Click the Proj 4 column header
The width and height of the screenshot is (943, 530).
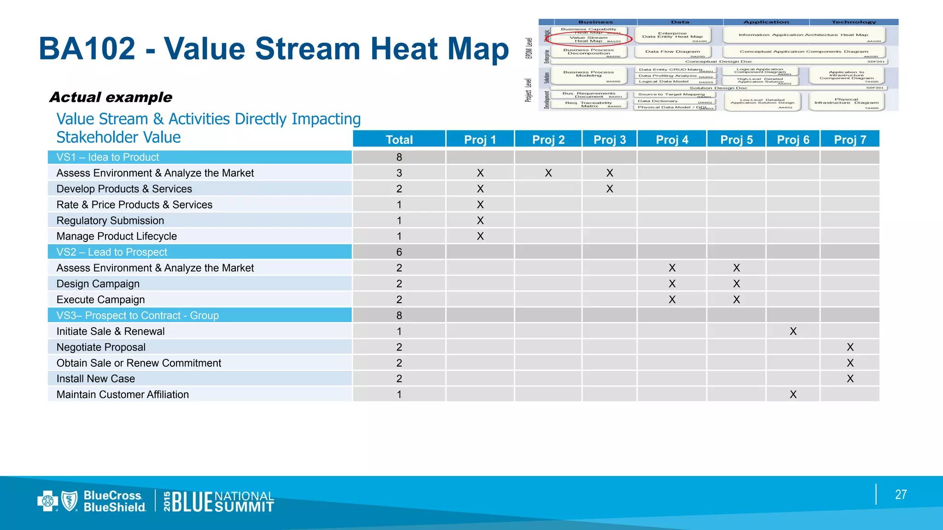[x=672, y=139]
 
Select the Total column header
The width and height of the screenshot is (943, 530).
[x=399, y=139]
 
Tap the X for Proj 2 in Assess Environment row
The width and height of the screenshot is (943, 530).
[x=548, y=173]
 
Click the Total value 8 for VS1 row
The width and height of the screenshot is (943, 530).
[x=399, y=157]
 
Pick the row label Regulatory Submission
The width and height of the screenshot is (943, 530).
[x=110, y=221]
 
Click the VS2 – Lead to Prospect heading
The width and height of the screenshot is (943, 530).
[x=112, y=252]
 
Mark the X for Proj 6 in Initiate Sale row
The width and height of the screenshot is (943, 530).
[x=793, y=331]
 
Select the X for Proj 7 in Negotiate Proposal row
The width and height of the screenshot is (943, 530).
[x=850, y=347]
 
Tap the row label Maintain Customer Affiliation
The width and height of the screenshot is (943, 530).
[x=122, y=395]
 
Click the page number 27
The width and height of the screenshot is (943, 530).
[x=901, y=495]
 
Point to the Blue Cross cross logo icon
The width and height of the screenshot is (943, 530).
[x=47, y=501]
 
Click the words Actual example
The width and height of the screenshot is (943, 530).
[x=111, y=97]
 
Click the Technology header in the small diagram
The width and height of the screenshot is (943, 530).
[x=854, y=22]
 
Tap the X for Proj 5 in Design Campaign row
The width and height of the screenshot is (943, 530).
[x=736, y=284]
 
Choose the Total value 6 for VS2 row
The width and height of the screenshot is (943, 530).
[x=399, y=252]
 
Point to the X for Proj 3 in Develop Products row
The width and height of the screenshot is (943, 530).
[x=610, y=189]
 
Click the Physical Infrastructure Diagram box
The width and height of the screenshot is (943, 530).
[x=846, y=101]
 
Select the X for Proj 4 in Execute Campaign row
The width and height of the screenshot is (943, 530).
[x=672, y=300]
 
